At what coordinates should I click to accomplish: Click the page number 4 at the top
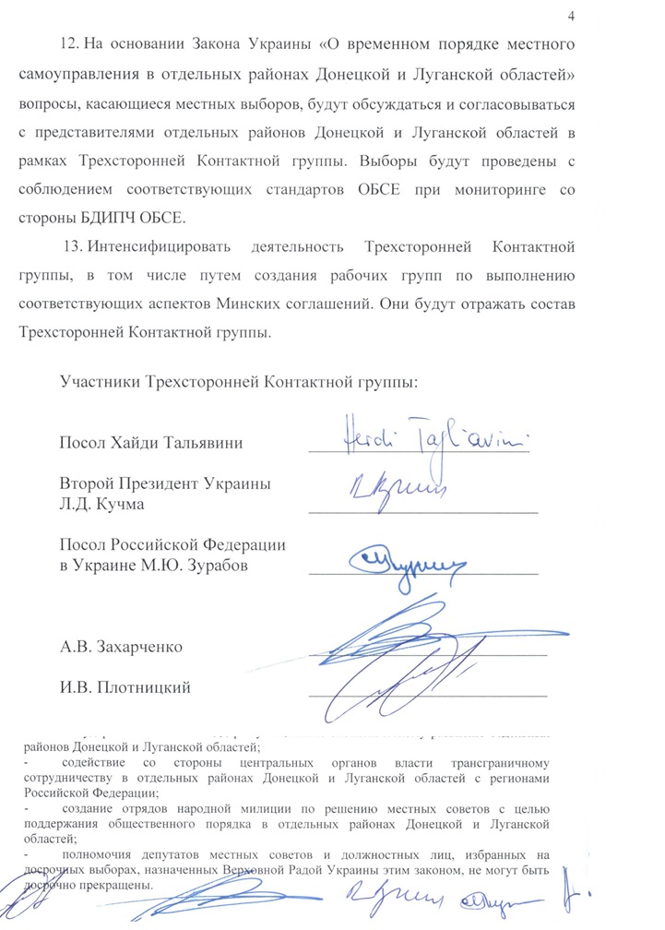(572, 17)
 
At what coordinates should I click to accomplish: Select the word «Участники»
(99, 381)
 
